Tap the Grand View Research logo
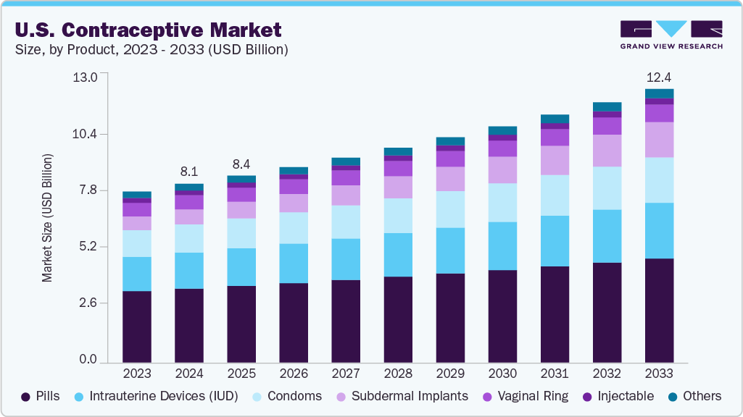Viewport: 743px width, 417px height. tap(671, 35)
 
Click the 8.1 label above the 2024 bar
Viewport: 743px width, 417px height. tap(189, 172)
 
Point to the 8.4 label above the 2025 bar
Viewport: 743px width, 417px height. tap(241, 164)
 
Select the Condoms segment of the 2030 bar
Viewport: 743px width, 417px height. tap(502, 203)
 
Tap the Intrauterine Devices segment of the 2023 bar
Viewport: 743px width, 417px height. tap(137, 274)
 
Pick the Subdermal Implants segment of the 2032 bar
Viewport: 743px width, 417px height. tap(607, 151)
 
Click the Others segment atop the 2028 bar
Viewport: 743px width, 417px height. tap(398, 151)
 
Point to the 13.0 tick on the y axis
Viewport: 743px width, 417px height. tap(86, 77)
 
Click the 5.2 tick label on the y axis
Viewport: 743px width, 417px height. tap(86, 247)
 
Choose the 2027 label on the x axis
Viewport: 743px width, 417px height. tap(346, 374)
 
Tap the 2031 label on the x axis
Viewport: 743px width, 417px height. tap(555, 374)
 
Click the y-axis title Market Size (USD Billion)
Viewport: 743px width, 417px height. tap(47, 217)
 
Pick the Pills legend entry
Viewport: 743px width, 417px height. tap(41, 396)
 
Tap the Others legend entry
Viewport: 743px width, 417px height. tap(695, 396)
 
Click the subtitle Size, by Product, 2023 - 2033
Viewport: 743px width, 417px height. tap(151, 50)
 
